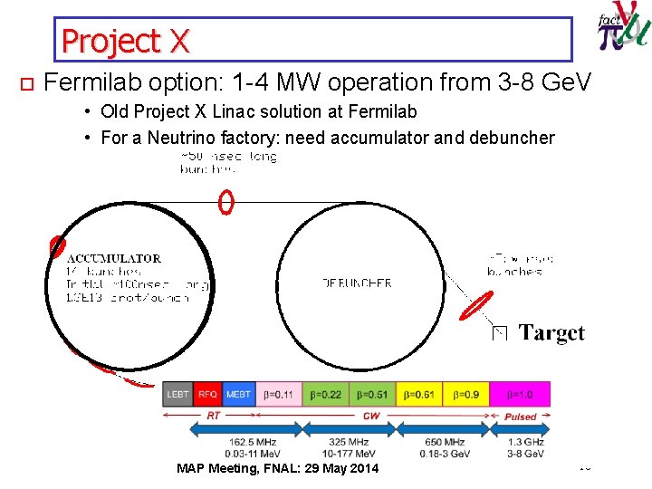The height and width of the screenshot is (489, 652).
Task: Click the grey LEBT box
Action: (178, 394)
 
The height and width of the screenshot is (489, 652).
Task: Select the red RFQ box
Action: (207, 394)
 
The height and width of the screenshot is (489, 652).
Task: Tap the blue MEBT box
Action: (238, 394)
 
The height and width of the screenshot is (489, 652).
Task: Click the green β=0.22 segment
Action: (326, 394)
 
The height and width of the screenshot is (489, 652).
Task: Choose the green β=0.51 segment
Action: (372, 394)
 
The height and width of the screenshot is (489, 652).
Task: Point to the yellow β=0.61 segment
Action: (419, 394)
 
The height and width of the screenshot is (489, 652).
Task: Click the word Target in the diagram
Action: (552, 333)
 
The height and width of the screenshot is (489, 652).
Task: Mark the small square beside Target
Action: (499, 334)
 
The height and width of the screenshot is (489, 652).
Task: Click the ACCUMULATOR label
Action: (114, 258)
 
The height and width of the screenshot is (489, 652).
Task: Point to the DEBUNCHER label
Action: (358, 283)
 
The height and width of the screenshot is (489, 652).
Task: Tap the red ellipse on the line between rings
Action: (226, 202)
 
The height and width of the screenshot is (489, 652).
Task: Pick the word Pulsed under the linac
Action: (520, 417)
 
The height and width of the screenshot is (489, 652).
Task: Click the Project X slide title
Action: (126, 40)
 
